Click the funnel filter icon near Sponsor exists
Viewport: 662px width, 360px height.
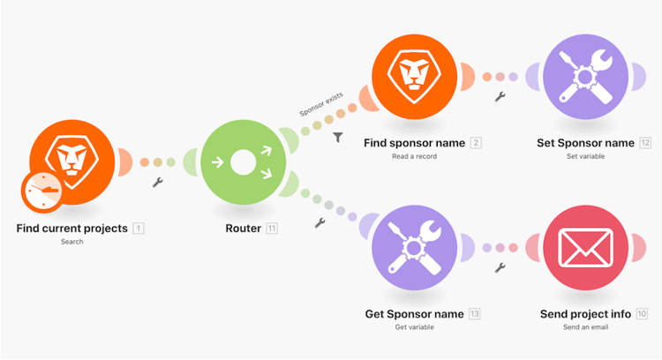point(338,138)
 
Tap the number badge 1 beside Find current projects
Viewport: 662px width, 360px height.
point(139,229)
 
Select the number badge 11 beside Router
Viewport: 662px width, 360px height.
point(272,229)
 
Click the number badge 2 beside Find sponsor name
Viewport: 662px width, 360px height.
point(476,143)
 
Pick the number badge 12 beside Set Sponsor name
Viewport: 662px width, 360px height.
point(645,143)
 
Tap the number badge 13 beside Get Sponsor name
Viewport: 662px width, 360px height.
point(475,314)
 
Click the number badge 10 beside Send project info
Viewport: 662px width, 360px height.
point(642,314)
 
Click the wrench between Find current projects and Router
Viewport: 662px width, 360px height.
point(158,182)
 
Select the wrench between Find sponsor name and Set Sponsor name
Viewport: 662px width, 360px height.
point(500,96)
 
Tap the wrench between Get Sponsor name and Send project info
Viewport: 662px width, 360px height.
point(500,267)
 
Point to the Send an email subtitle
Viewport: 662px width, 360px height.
point(586,327)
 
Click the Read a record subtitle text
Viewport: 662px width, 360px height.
point(414,156)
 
